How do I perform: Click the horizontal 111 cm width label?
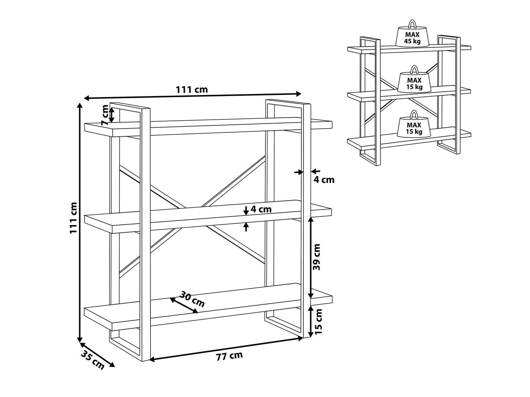[x=192, y=89]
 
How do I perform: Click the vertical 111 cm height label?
[x=73, y=218]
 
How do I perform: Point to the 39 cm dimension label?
[x=316, y=257]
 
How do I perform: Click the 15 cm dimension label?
[x=318, y=321]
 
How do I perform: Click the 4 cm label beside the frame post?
[x=324, y=180]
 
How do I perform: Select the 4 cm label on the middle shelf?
[x=261, y=209]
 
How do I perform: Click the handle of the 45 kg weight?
[x=412, y=24]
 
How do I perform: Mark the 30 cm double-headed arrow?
[x=184, y=306]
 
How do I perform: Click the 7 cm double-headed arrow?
[x=112, y=115]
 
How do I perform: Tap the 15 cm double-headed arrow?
[x=311, y=321]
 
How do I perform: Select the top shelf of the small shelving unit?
[x=409, y=49]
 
